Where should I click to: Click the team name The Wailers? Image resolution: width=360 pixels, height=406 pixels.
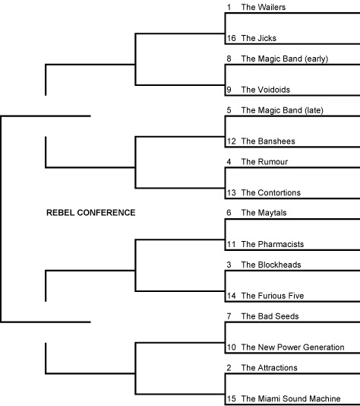click(x=264, y=7)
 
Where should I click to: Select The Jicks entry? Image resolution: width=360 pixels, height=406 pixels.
click(x=259, y=38)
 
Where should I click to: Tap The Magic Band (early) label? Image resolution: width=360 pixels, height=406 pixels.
click(x=285, y=59)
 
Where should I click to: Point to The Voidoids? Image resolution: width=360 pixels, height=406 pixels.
click(x=265, y=90)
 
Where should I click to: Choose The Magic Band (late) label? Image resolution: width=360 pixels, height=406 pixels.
click(x=283, y=110)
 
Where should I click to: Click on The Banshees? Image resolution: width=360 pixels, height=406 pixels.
click(x=268, y=141)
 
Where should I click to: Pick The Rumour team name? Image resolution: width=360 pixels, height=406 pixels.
click(x=264, y=162)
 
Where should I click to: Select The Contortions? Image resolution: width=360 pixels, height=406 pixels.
click(x=271, y=192)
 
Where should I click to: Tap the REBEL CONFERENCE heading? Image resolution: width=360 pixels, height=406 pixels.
click(x=91, y=213)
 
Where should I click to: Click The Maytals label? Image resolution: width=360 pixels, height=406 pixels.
click(x=264, y=213)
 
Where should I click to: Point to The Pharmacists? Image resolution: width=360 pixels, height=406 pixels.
click(x=273, y=244)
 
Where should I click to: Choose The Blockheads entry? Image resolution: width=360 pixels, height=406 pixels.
click(x=271, y=265)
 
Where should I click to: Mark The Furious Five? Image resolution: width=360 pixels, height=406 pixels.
click(x=273, y=296)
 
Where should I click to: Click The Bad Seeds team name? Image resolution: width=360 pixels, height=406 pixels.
click(x=270, y=316)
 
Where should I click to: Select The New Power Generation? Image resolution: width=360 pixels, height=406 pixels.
click(x=292, y=347)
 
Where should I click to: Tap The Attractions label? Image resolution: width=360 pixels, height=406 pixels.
click(x=269, y=368)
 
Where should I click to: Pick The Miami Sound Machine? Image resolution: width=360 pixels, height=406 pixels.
click(x=291, y=398)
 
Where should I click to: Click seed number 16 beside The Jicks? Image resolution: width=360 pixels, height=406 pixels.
click(x=231, y=38)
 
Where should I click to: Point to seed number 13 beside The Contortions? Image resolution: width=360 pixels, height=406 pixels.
click(x=231, y=192)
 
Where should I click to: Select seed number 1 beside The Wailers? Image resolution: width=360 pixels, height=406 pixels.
click(x=229, y=7)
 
